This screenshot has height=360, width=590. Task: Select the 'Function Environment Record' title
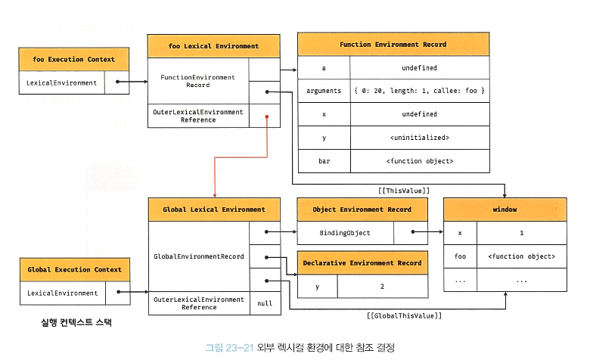click(x=393, y=45)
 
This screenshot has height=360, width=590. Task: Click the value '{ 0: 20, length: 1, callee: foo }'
click(x=419, y=91)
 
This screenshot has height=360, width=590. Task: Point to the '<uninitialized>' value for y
click(x=419, y=138)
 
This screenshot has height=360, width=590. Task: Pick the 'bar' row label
click(x=324, y=161)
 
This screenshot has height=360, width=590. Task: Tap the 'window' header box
click(x=505, y=209)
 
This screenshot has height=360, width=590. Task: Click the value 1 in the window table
click(x=521, y=233)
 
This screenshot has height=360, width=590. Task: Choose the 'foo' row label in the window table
click(x=460, y=256)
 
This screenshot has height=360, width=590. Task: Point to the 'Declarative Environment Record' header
click(x=362, y=263)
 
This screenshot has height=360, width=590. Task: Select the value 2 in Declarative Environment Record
click(x=382, y=287)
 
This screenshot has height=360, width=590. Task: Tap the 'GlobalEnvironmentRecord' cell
click(x=198, y=256)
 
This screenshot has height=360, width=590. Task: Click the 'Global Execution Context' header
click(x=69, y=269)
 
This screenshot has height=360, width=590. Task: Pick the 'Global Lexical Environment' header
click(x=214, y=209)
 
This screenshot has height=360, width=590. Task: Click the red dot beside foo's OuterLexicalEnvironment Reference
click(x=267, y=116)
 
